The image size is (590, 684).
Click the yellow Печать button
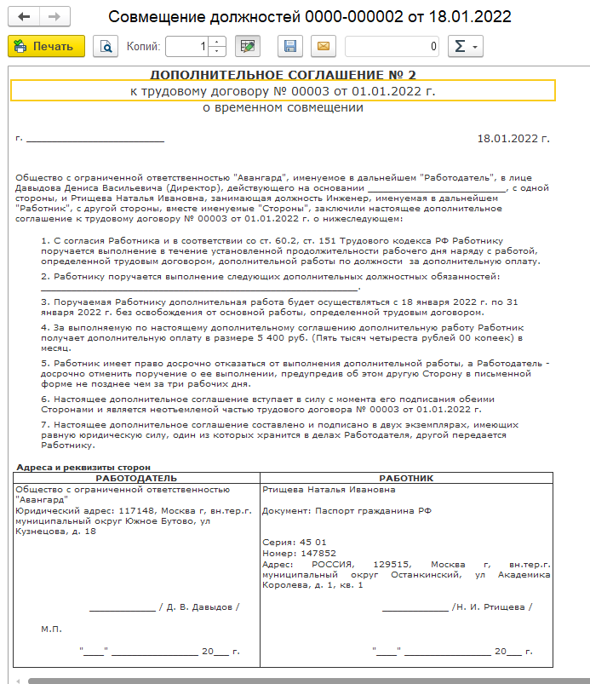coord(46,46)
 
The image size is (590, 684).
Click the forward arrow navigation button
coord(54,17)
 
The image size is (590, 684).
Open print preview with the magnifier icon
coord(106,46)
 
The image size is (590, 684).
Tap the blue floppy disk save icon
coord(290,46)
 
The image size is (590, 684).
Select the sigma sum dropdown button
coord(465,46)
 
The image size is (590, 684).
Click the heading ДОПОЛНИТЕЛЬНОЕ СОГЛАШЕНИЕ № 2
coord(283,74)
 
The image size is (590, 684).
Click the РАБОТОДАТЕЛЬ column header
coord(136,479)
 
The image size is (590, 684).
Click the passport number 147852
coord(303,553)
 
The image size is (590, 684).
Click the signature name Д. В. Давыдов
coord(200,606)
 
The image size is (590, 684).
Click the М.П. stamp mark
coord(52,629)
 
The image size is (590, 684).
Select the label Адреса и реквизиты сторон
coord(83,467)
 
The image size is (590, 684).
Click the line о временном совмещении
coord(283,108)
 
